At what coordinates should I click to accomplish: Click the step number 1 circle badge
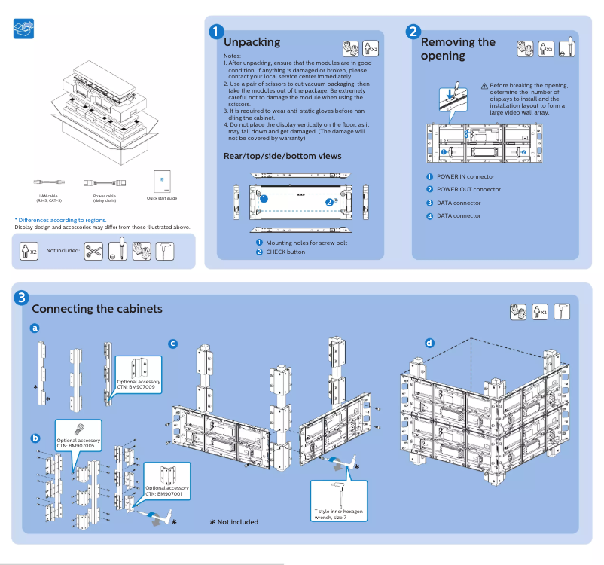tap(216, 32)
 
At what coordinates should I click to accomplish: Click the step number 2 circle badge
tap(413, 32)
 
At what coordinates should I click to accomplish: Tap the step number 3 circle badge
tap(23, 298)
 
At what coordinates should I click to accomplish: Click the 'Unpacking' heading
tap(252, 43)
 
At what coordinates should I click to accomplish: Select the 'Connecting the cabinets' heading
tap(97, 309)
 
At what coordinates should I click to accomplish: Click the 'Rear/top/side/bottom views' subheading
tap(282, 156)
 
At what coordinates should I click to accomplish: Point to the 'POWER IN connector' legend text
tap(465, 176)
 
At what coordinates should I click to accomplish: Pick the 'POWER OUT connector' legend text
tap(468, 190)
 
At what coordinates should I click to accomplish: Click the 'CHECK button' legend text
tap(285, 252)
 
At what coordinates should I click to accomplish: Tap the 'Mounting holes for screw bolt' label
tap(307, 243)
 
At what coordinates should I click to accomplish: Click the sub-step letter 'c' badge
tap(172, 344)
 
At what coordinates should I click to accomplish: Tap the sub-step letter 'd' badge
tap(429, 344)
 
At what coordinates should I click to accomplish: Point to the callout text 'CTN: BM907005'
tap(78, 445)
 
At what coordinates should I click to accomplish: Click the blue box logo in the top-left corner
tap(23, 29)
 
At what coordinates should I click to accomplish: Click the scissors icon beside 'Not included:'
tap(93, 250)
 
